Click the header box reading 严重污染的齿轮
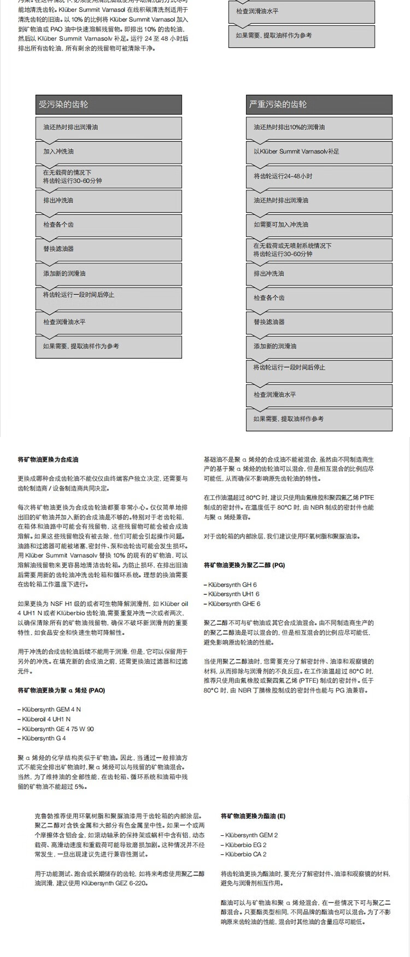tap(319, 104)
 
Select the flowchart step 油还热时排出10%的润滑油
tap(319, 127)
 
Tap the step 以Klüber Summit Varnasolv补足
tap(319, 151)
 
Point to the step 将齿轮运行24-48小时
tap(319, 176)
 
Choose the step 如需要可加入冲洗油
tap(319, 225)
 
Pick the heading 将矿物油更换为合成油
tap(48, 459)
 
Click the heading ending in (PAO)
tap(61, 690)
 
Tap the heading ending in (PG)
tap(244, 564)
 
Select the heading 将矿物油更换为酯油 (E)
tap(253, 816)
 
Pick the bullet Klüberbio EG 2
tap(245, 845)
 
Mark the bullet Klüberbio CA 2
tap(245, 854)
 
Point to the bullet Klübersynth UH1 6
tap(233, 594)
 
